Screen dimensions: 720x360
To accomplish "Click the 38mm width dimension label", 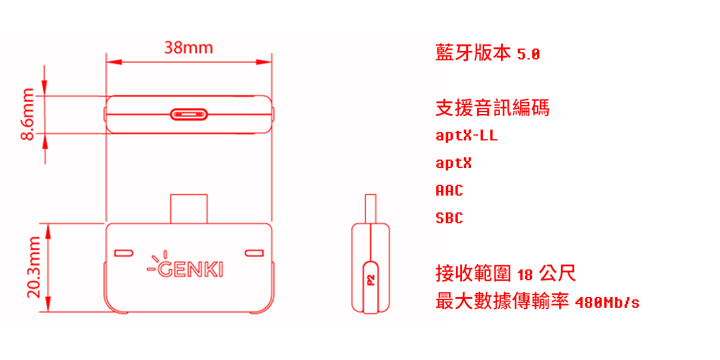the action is pyautogui.click(x=188, y=47).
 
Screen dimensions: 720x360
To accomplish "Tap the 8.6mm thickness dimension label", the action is pyautogui.click(x=28, y=114).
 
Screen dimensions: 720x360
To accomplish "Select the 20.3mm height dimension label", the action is pyautogui.click(x=34, y=268).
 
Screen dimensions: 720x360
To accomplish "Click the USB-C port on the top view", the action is pyautogui.click(x=188, y=115).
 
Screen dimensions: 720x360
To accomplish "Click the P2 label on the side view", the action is pyautogui.click(x=371, y=280).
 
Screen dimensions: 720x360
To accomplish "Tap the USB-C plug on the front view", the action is pyautogui.click(x=188, y=209).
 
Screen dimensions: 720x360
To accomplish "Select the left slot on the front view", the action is pyautogui.click(x=124, y=253).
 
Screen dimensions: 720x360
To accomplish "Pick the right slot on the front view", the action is pyautogui.click(x=254, y=253).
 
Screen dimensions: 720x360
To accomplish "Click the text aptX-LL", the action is pyautogui.click(x=466, y=136).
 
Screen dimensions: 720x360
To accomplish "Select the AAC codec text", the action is pyautogui.click(x=449, y=190).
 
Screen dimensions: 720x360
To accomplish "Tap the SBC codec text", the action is pyautogui.click(x=449, y=218).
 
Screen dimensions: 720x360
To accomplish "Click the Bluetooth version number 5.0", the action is pyautogui.click(x=529, y=54).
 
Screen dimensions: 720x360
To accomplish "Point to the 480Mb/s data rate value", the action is pyautogui.click(x=607, y=303).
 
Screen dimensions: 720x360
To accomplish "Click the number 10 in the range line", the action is pyautogui.click(x=525, y=275).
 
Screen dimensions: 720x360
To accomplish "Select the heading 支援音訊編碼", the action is pyautogui.click(x=493, y=107).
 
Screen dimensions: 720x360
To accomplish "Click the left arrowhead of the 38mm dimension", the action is pyautogui.click(x=114, y=62).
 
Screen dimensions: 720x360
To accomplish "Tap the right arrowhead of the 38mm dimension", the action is pyautogui.click(x=264, y=62).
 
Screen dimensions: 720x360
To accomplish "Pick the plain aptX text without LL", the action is pyautogui.click(x=454, y=163).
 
